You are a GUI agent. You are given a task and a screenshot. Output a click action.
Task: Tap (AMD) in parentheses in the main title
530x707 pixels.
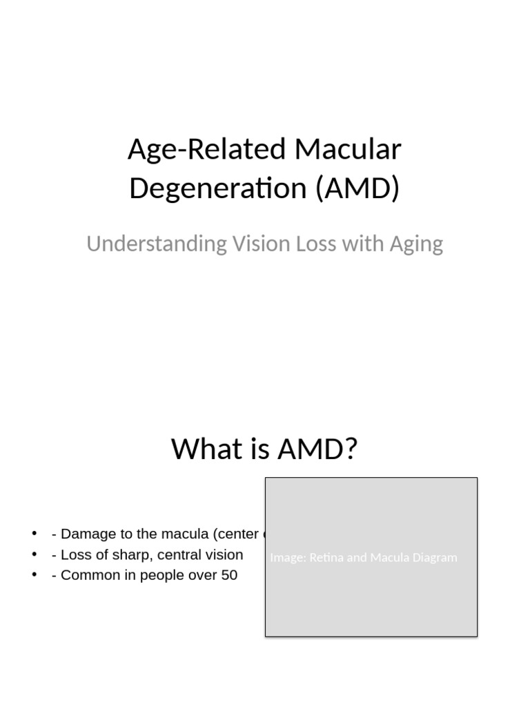(x=357, y=188)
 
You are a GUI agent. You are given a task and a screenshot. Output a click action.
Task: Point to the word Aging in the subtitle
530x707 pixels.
(x=418, y=244)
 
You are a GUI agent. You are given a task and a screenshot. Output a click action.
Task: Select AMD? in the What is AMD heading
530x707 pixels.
(x=317, y=449)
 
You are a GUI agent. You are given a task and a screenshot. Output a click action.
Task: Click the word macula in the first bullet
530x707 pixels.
(x=186, y=534)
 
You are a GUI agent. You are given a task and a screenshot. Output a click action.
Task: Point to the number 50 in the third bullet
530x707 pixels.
(x=229, y=575)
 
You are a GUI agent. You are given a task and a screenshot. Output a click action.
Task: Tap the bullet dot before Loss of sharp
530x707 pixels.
(x=35, y=554)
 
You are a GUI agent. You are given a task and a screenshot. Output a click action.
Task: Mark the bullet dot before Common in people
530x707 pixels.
(x=35, y=575)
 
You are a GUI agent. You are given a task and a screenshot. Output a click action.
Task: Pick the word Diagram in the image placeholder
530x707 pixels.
(x=433, y=558)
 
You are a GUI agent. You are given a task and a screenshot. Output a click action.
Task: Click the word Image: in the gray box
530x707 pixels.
(x=288, y=558)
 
